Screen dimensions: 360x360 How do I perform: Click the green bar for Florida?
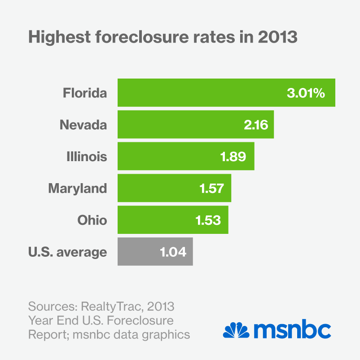[202, 93]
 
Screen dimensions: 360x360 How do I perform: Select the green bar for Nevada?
[180, 124]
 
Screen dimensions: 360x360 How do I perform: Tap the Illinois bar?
[171, 156]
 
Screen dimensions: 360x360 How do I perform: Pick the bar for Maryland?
[157, 188]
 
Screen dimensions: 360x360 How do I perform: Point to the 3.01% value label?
[305, 93]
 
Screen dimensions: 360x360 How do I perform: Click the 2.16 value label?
[256, 125]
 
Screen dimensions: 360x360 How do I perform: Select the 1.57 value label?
[211, 188]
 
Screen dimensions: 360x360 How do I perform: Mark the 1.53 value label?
[208, 220]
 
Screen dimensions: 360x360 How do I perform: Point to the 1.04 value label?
[173, 252]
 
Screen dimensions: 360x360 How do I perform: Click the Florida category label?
[85, 93]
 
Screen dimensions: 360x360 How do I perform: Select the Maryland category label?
[77, 188]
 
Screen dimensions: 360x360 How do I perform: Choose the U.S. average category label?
[67, 252]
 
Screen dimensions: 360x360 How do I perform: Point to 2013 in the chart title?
[278, 37]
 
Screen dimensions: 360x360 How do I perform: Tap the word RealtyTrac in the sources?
[109, 307]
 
